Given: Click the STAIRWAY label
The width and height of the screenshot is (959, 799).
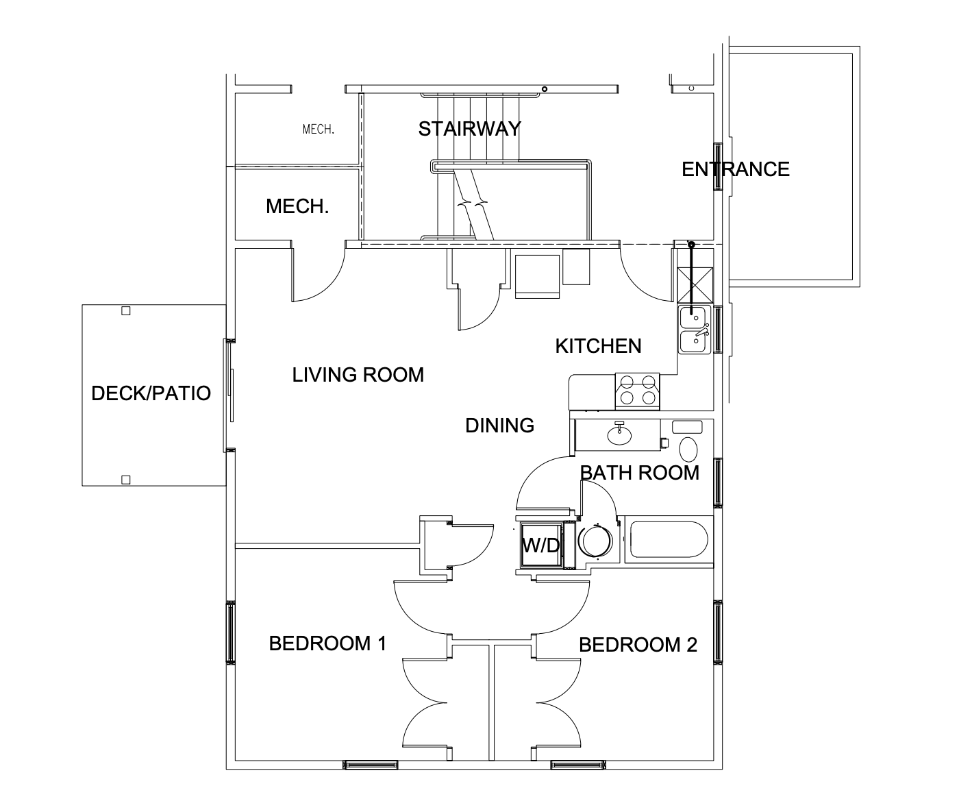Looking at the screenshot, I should pyautogui.click(x=469, y=129).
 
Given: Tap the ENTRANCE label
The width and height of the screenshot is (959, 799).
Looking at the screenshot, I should pyautogui.click(x=735, y=169).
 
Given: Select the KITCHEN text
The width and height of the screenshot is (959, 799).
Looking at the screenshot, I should pyautogui.click(x=598, y=346).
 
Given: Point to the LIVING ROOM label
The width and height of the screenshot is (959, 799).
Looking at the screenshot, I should pyautogui.click(x=358, y=375).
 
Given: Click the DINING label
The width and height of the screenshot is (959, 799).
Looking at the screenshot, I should pyautogui.click(x=499, y=426).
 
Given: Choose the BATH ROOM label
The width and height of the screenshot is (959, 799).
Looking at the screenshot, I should pyautogui.click(x=639, y=473).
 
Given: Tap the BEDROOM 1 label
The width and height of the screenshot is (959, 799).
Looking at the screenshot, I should pyautogui.click(x=327, y=643).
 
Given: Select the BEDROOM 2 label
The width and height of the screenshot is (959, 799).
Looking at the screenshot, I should pyautogui.click(x=638, y=645).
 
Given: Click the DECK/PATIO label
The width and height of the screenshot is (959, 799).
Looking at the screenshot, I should pyautogui.click(x=151, y=393).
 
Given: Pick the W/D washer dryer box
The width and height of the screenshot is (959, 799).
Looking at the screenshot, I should pyautogui.click(x=540, y=545).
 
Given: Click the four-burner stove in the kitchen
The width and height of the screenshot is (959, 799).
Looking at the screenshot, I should pyautogui.click(x=637, y=391).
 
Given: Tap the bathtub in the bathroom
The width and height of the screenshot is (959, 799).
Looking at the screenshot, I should pyautogui.click(x=668, y=540).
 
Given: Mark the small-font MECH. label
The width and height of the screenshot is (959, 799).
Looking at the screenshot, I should pyautogui.click(x=319, y=129).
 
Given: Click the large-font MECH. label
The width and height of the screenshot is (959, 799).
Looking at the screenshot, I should pyautogui.click(x=297, y=207).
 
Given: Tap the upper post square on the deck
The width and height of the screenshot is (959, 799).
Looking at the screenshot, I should pyautogui.click(x=125, y=311).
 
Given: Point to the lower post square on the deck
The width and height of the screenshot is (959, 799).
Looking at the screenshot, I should pyautogui.click(x=125, y=480).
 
